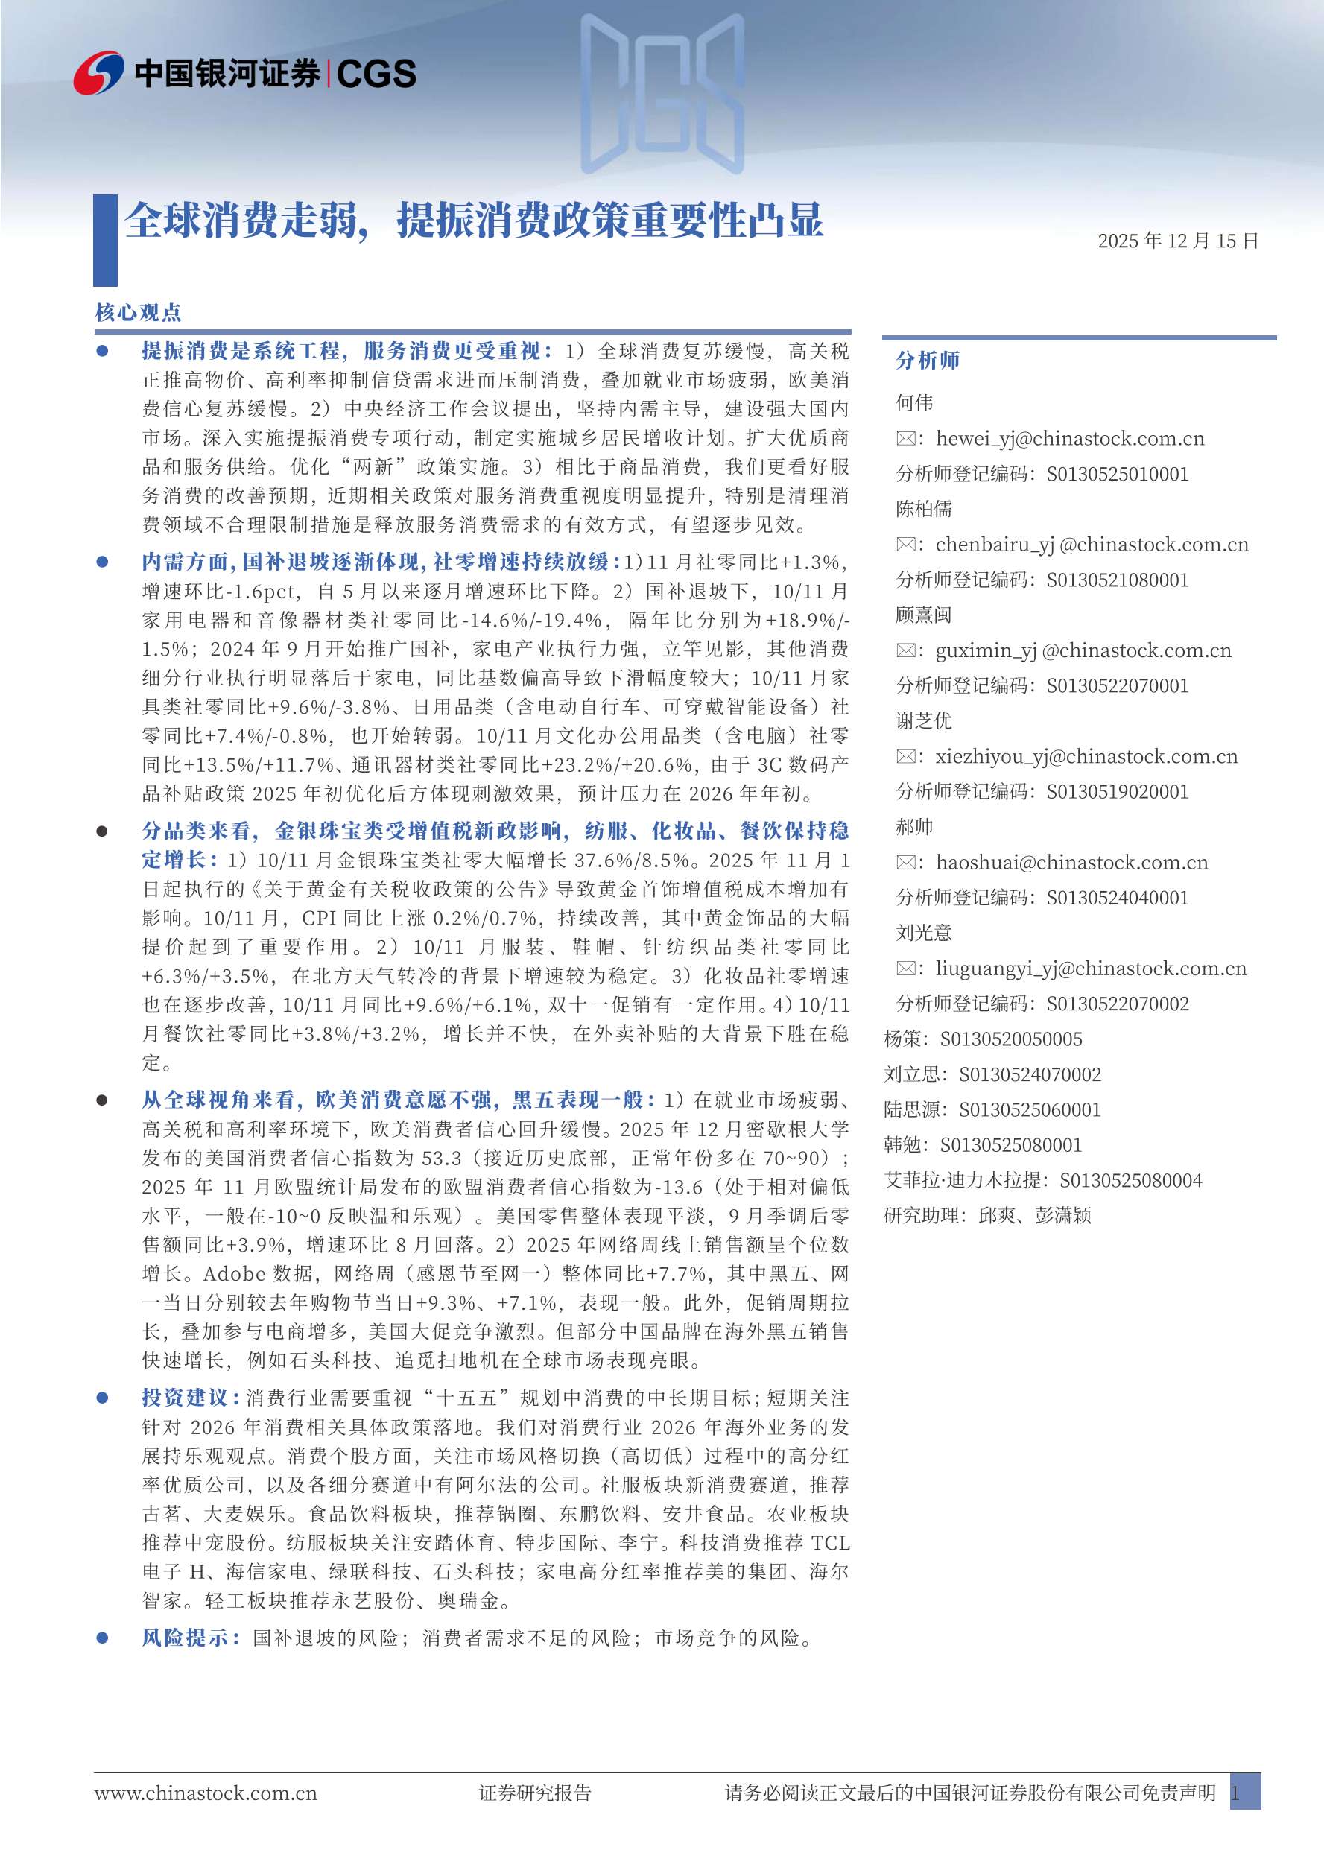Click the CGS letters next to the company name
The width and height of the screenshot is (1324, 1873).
coord(376,75)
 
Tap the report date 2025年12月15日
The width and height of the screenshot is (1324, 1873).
coord(1177,241)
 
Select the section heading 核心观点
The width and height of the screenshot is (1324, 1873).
coord(138,312)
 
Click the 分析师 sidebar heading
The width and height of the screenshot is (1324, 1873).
coord(928,360)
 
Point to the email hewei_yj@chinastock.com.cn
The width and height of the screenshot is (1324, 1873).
coord(1068,438)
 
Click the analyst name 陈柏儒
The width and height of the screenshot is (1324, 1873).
coord(923,509)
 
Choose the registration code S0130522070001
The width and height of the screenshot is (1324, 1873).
coord(1117,685)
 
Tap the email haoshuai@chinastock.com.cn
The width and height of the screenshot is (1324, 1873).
coord(1071,862)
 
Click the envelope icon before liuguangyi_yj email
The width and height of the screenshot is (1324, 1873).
coord(905,969)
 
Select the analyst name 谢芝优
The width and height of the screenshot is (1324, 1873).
coord(923,720)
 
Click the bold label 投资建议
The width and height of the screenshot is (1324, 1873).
coord(189,1398)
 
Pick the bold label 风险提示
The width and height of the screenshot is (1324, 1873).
coord(189,1638)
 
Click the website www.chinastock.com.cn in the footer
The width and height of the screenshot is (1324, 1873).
coord(206,1793)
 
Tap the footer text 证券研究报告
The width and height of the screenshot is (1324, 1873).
coord(534,1793)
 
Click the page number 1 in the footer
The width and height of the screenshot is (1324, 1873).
coord(1237,1793)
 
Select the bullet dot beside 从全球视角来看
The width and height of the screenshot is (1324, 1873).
coord(102,1100)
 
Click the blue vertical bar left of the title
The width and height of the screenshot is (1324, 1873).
coord(105,240)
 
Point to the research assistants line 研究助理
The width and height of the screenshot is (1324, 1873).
coord(987,1215)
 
